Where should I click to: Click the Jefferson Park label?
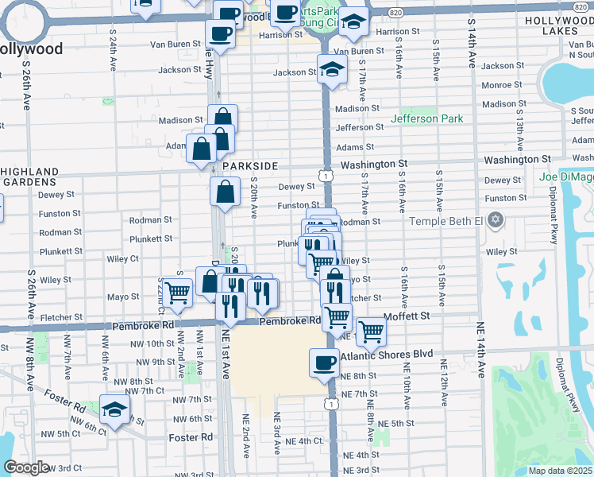tap(426, 119)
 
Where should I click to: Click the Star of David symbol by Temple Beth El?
tap(496, 219)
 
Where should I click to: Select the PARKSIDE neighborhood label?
tap(250, 166)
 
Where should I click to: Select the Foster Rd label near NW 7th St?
tap(65, 394)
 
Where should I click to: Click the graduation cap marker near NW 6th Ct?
tap(115, 410)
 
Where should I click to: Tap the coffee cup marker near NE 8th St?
tap(323, 363)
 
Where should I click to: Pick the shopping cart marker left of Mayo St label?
tap(178, 293)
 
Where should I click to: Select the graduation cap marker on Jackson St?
tap(332, 68)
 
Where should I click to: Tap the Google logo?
tap(25, 467)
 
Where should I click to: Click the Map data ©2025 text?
tap(561, 471)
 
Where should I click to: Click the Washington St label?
tap(374, 164)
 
